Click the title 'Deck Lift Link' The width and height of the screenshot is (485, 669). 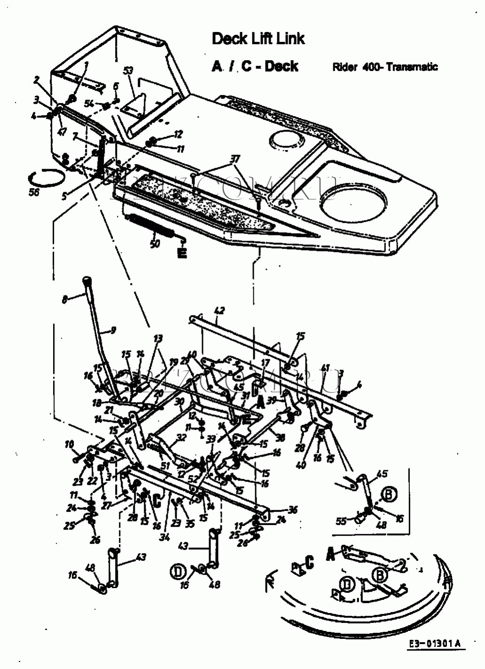[258, 39]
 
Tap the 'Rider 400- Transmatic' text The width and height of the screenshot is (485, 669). [385, 67]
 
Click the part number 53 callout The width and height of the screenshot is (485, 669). [128, 71]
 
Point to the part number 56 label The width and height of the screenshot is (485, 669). [34, 192]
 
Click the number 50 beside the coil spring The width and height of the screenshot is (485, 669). [155, 244]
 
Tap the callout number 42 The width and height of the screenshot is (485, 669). [219, 310]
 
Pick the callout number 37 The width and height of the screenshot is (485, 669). [235, 159]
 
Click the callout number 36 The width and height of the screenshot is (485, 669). [293, 510]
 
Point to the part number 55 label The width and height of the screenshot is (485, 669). [342, 520]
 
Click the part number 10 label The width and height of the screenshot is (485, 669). [69, 444]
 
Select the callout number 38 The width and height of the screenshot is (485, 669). [281, 438]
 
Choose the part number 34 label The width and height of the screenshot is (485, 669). [164, 537]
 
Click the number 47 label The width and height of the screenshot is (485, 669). [62, 132]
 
